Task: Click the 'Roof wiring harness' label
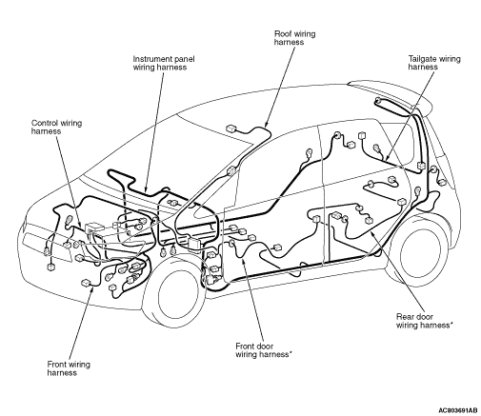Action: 294,38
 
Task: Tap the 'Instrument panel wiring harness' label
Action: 164,63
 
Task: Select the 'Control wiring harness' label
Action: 56,127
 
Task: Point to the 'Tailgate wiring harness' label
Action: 434,63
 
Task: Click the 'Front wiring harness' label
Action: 69,368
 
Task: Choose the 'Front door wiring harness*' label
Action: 263,350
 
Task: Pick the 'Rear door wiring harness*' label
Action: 424,321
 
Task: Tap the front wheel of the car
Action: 178,293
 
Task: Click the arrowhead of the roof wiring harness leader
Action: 266,125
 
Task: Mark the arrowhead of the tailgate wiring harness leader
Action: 387,158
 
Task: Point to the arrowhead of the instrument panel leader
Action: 146,189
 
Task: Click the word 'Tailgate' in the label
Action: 421,59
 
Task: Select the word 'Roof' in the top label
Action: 282,33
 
